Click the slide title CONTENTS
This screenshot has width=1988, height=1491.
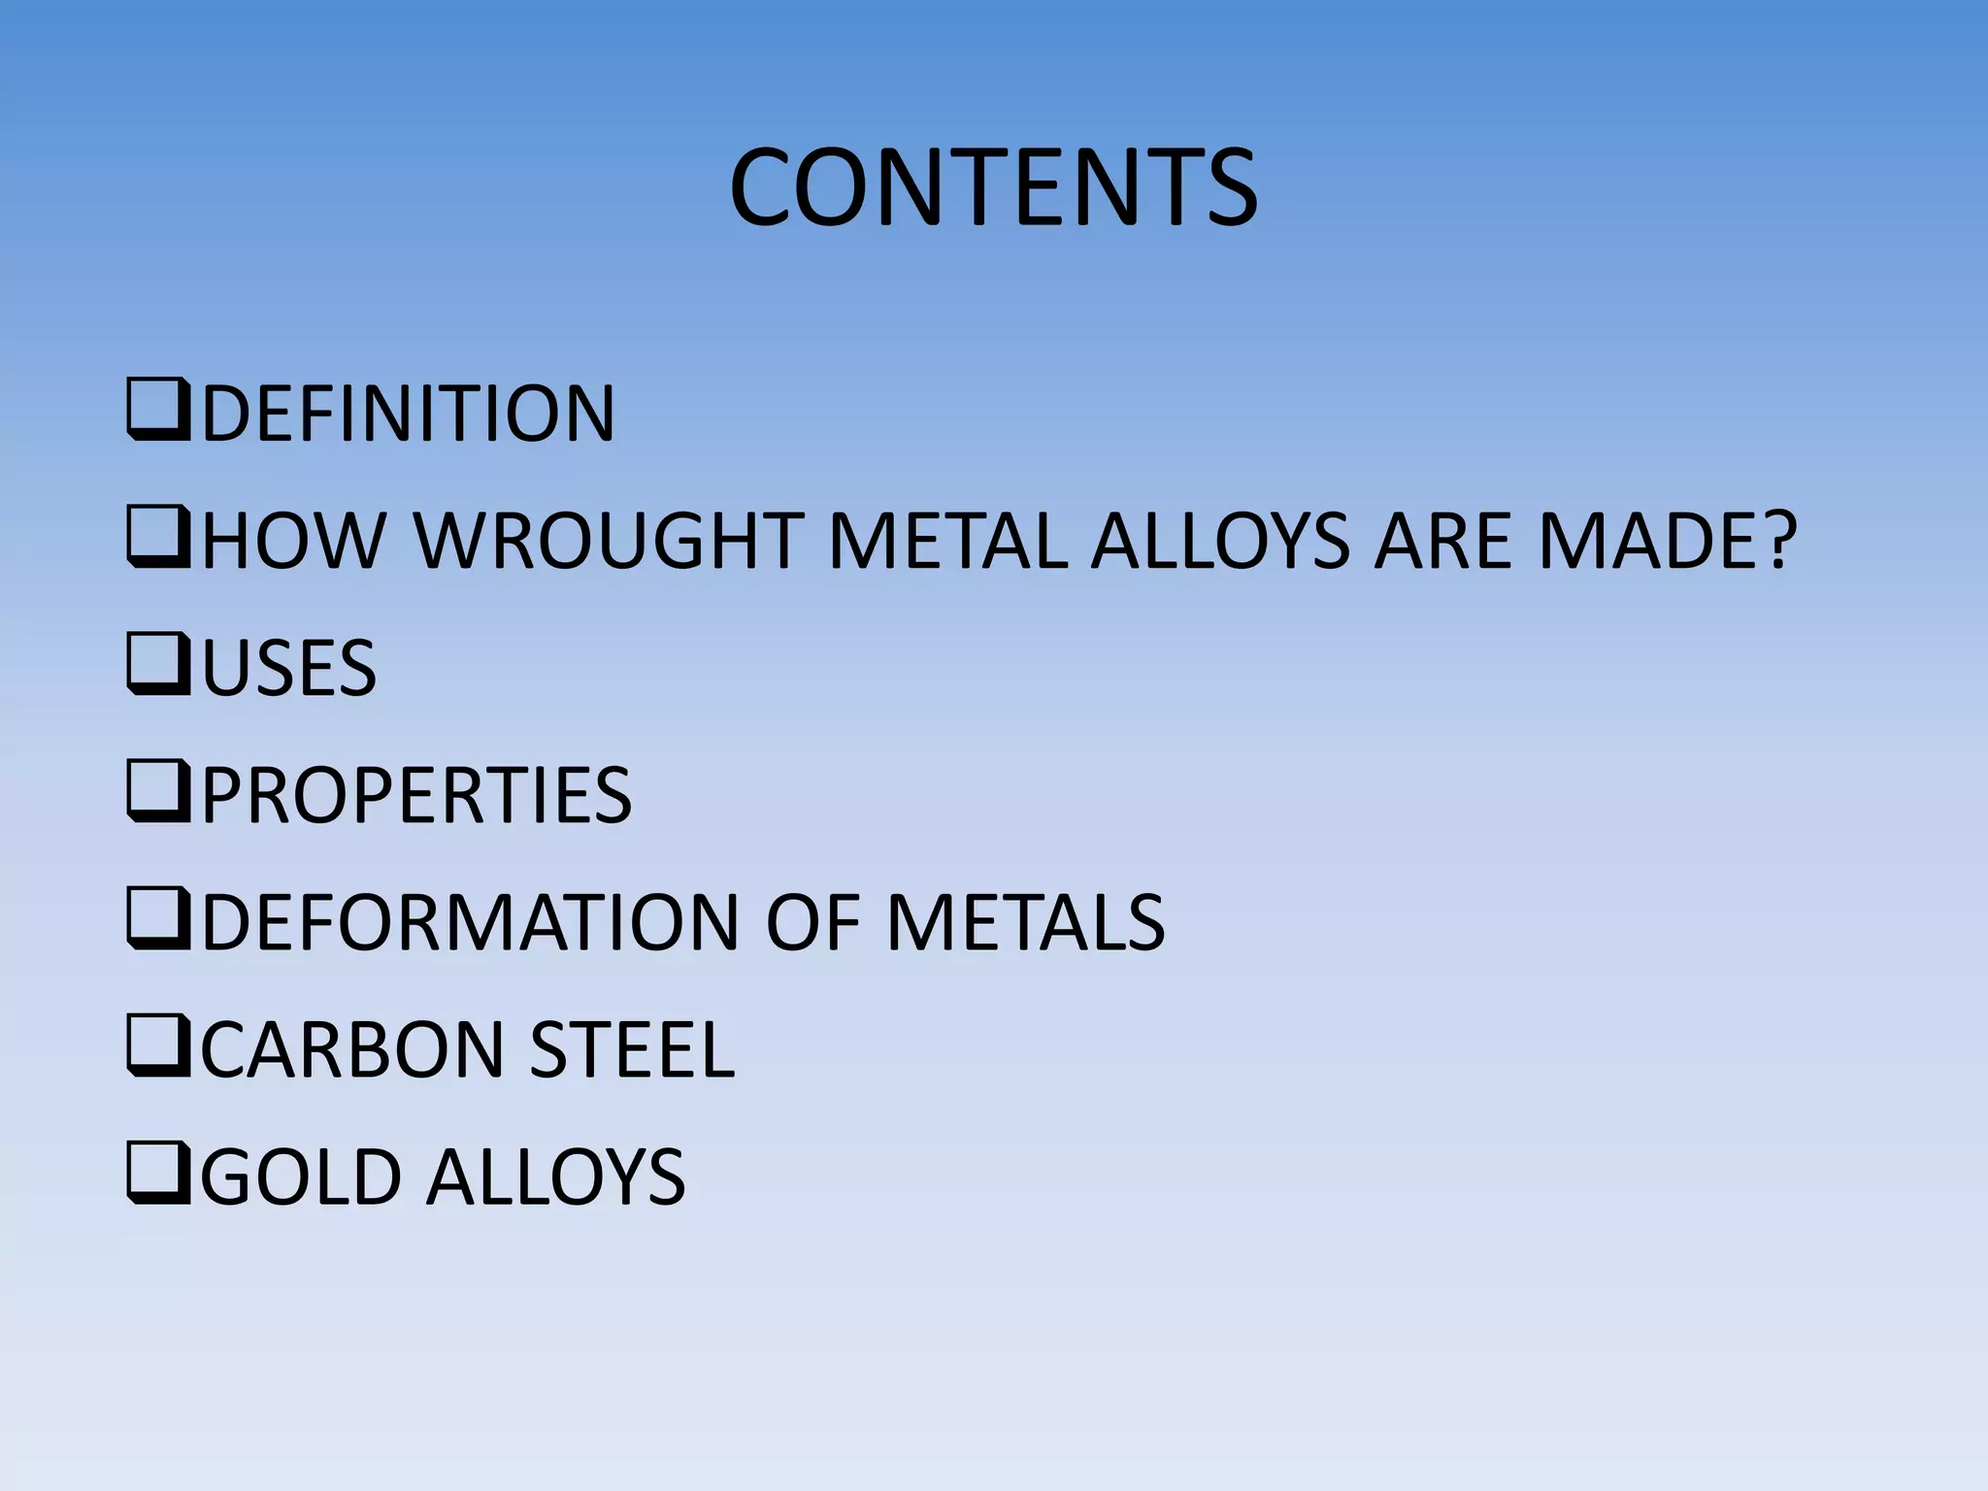point(993,187)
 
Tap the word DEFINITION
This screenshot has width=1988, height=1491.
point(408,414)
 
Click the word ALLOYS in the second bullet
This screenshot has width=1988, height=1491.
point(1220,541)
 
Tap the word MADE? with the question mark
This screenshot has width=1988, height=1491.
point(1668,541)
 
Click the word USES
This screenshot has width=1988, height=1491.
point(288,668)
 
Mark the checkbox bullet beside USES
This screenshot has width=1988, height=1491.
point(157,668)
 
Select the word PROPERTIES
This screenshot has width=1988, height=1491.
point(416,795)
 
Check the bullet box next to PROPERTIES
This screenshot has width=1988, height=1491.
point(157,795)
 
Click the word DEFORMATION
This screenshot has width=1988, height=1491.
point(471,922)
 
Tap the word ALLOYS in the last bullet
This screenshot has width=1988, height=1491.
point(556,1176)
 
